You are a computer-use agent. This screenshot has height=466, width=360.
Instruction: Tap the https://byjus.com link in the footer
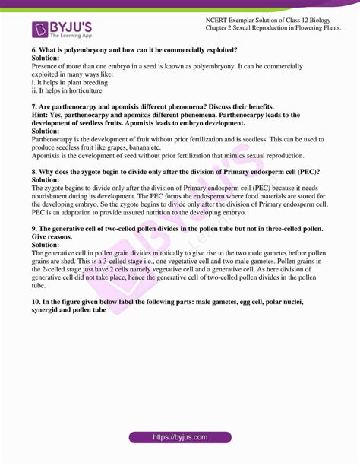180,438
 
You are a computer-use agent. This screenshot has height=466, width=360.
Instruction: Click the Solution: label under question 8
47,180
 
